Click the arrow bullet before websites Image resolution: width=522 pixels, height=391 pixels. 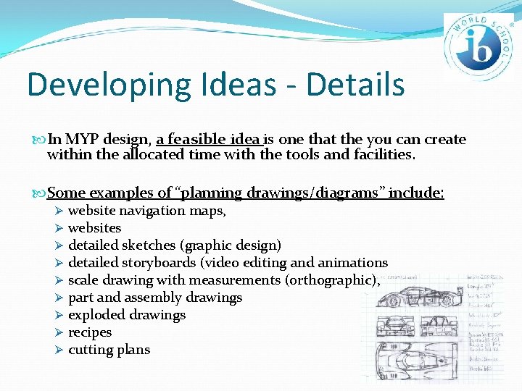click(60, 228)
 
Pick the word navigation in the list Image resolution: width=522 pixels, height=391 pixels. click(152, 211)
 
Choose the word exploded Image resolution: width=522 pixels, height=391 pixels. click(96, 315)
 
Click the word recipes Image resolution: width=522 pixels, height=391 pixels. click(90, 332)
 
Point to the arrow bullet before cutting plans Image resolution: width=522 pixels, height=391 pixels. click(60, 350)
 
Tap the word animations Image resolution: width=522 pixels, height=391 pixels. click(353, 263)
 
